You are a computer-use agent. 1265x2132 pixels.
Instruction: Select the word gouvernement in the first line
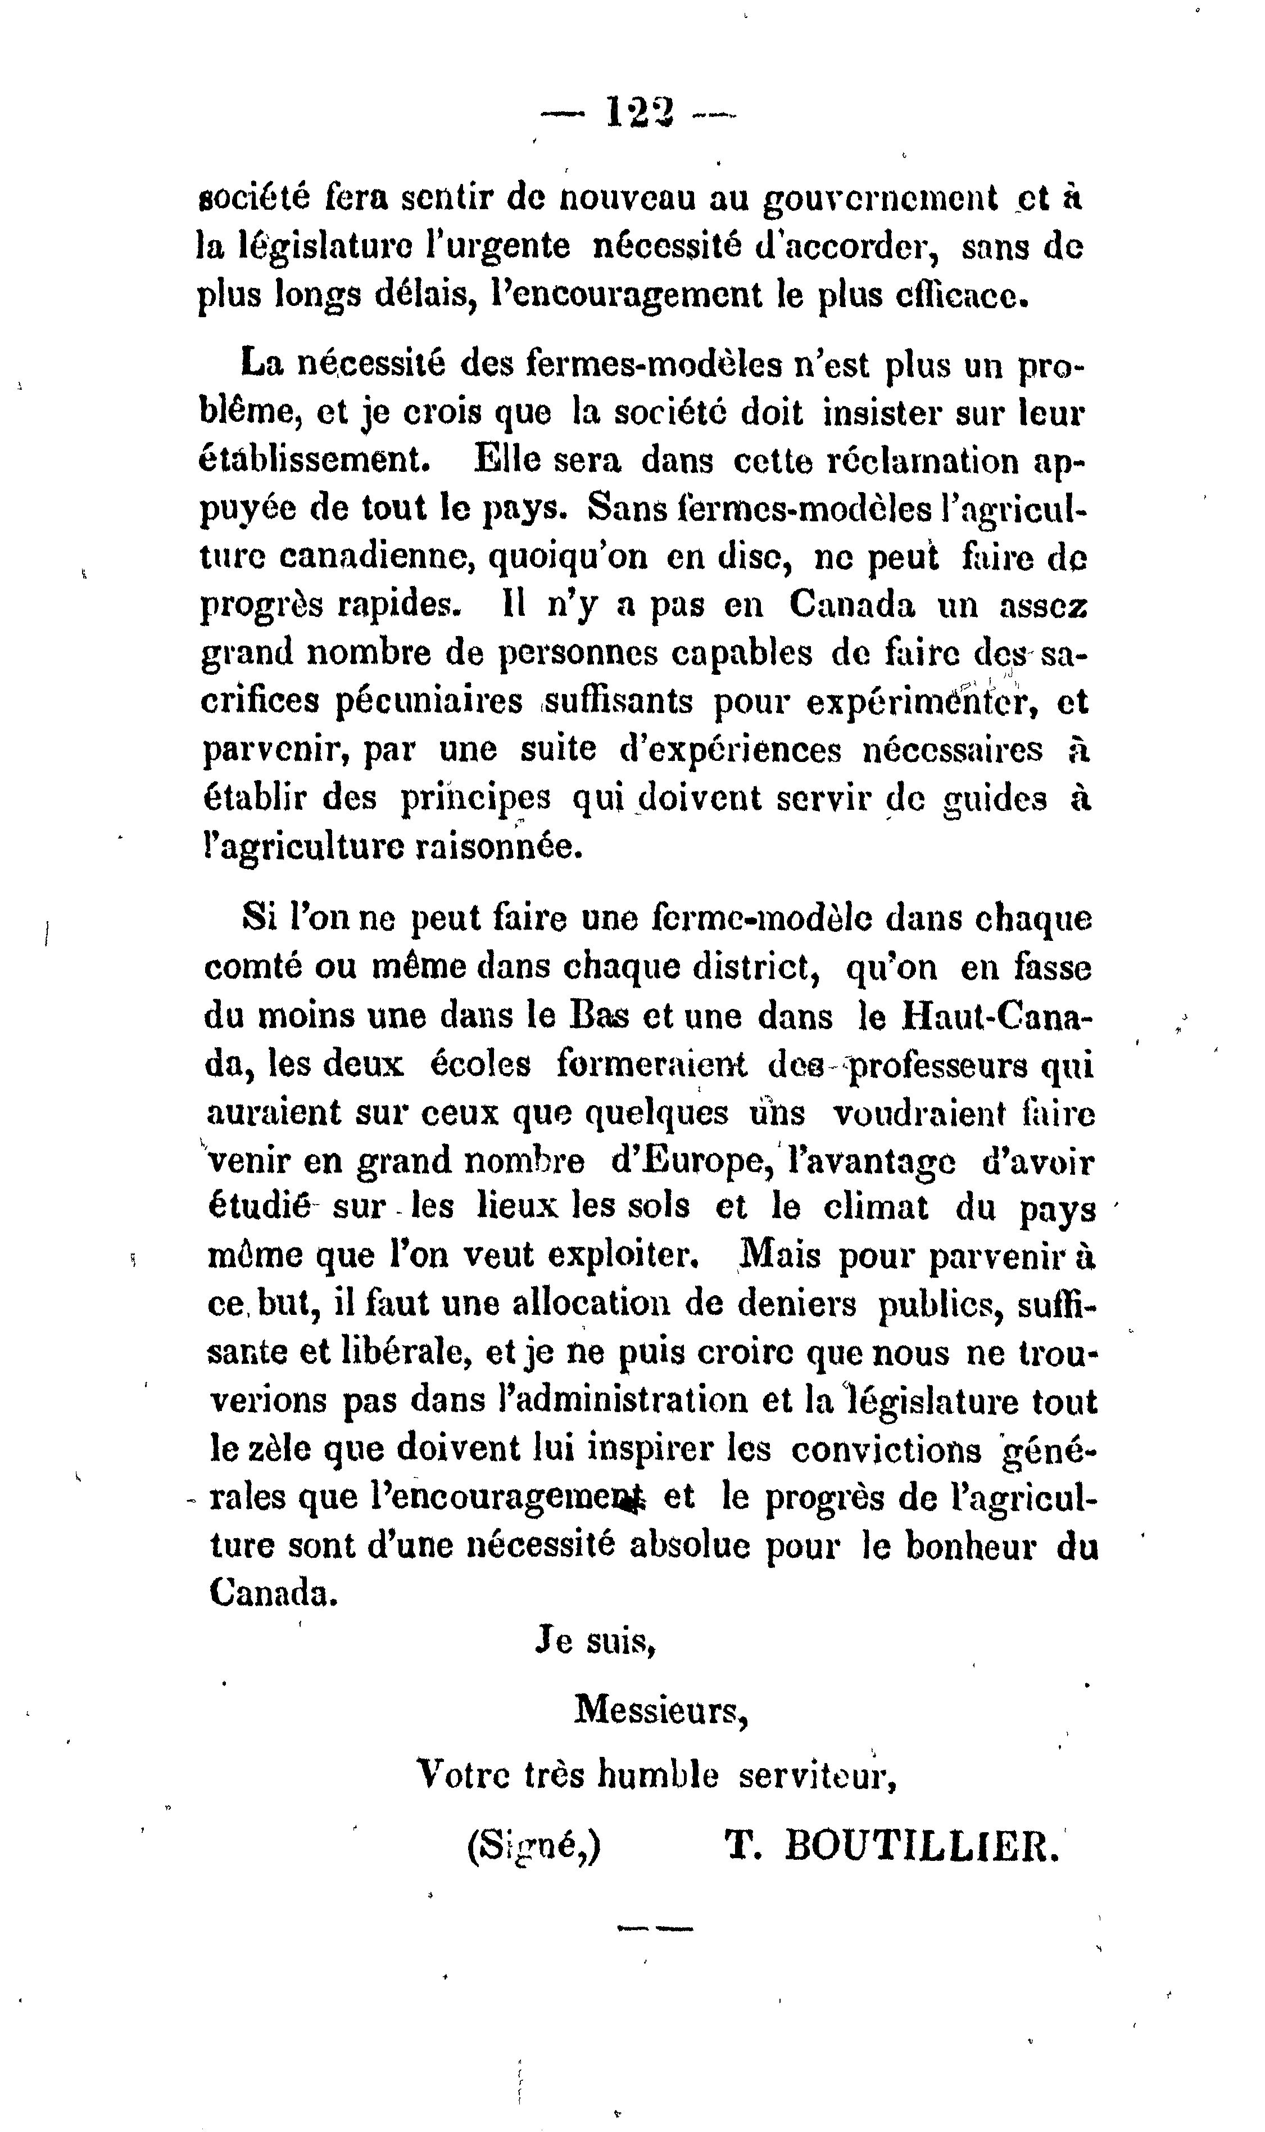click(x=881, y=199)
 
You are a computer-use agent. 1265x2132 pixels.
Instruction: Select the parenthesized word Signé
click(x=534, y=1846)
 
